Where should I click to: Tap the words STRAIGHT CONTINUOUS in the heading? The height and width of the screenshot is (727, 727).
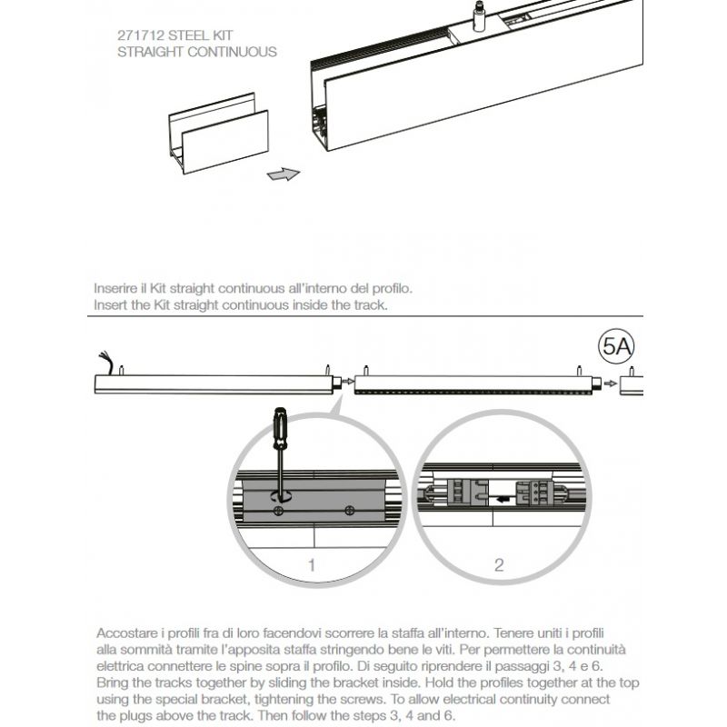pos(197,53)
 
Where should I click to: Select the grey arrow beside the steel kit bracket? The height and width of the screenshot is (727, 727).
pos(284,173)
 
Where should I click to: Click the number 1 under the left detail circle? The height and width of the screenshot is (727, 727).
pos(312,564)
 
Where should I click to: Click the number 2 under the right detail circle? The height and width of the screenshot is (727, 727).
pos(498,564)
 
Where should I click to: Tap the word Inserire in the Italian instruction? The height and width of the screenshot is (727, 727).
pos(115,288)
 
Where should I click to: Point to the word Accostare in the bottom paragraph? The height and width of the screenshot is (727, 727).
pos(124,632)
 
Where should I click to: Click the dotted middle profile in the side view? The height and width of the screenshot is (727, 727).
pos(473,385)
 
